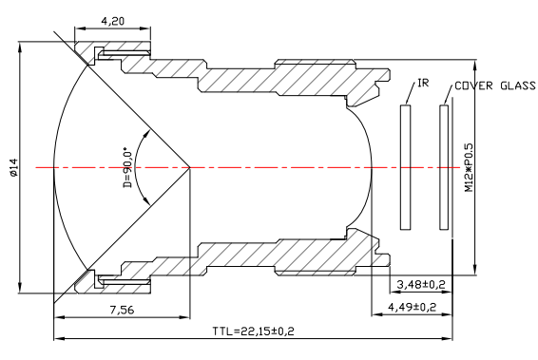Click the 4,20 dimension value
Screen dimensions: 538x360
[x=112, y=22]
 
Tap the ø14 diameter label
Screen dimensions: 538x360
[x=13, y=167]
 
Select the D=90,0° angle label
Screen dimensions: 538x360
[x=127, y=168]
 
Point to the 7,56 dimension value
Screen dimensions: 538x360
[x=123, y=310]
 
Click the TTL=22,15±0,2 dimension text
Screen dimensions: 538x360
[x=253, y=332]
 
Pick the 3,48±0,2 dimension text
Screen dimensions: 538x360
[x=421, y=284]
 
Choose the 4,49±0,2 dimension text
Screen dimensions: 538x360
[x=413, y=307]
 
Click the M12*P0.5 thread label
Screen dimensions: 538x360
[x=469, y=167]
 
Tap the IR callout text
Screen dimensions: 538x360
[x=423, y=83]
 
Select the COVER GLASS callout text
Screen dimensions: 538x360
[x=495, y=85]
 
